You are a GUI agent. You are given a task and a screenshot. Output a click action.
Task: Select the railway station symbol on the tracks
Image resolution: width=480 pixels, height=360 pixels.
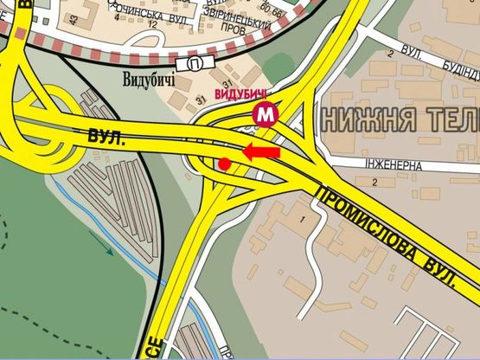click(195, 64)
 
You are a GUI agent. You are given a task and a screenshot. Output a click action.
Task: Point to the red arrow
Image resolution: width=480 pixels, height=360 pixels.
click(260, 153)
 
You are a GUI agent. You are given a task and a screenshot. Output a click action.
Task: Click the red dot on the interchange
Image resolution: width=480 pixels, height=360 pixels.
click(224, 164)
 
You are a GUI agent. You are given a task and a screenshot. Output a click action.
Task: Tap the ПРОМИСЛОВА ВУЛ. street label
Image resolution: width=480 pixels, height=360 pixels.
click(385, 235)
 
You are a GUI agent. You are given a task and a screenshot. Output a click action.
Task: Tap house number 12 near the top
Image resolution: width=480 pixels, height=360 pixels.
click(153, 24)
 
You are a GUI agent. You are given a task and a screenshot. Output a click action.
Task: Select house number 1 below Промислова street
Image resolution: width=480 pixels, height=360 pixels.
click(303, 222)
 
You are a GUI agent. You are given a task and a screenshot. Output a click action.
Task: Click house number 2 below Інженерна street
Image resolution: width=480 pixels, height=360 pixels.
click(374, 182)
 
